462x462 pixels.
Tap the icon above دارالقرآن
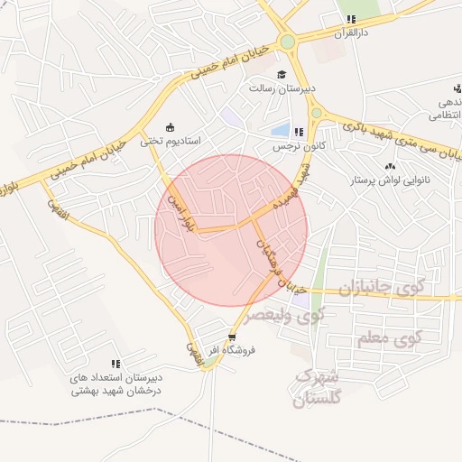coord(351,19)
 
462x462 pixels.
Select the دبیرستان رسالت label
coord(282,88)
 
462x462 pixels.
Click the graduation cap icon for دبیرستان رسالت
coord(282,75)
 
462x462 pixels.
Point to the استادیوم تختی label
coord(175,142)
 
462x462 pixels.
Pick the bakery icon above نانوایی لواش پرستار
coord(390,166)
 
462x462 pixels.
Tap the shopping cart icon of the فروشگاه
coord(232,337)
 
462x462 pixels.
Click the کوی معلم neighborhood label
coord(390,338)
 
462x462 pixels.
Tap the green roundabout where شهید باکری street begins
coord(317,112)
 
